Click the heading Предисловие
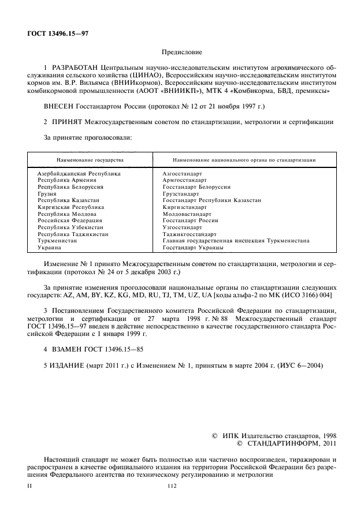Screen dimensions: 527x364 tap(181, 53)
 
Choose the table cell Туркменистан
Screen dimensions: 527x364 tap(58, 241)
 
